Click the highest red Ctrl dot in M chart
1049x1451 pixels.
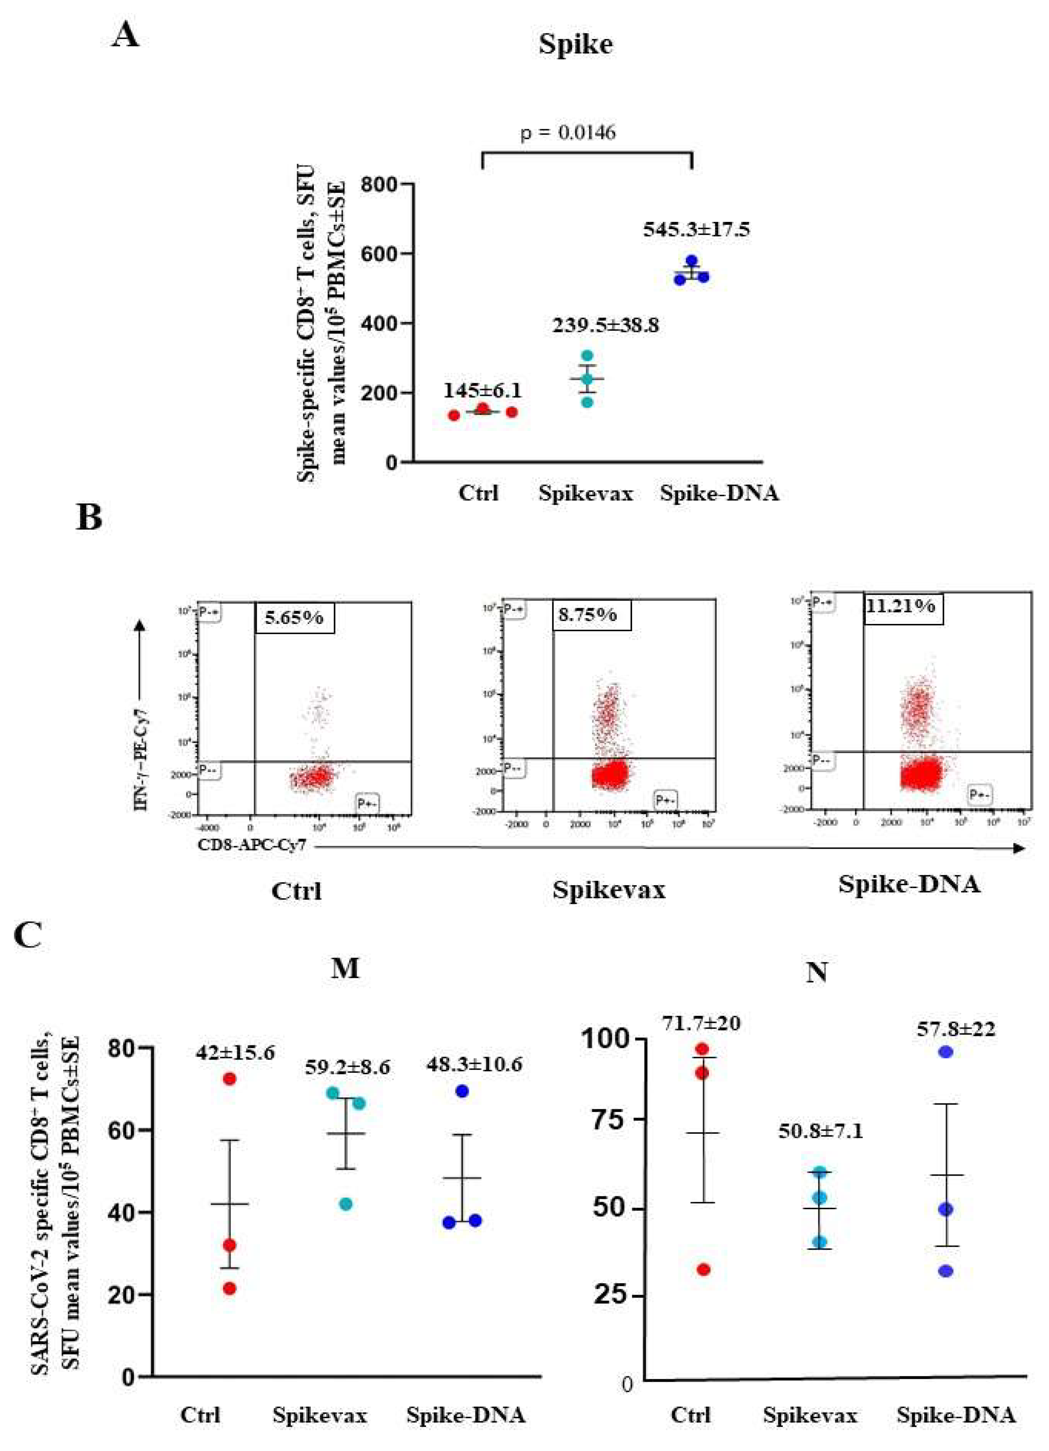point(230,1079)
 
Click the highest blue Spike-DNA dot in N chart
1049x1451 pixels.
point(946,1052)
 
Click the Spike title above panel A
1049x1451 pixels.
point(576,44)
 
